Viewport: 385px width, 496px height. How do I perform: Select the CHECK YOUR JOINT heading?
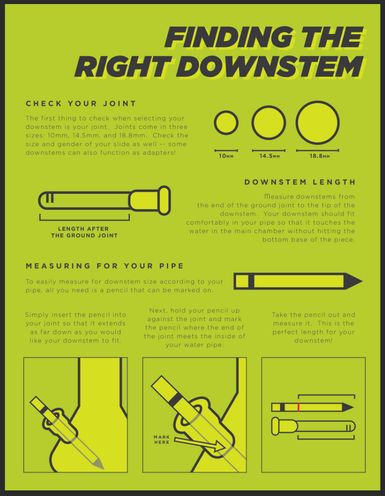(81, 104)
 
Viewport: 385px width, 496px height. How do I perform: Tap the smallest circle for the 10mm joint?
(226, 123)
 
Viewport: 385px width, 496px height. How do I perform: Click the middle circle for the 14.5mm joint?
(269, 123)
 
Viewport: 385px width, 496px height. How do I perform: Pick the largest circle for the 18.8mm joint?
(318, 123)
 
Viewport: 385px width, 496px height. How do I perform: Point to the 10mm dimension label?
(226, 156)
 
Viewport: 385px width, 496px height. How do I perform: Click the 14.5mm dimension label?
(270, 156)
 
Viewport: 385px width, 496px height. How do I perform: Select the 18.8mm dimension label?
(320, 156)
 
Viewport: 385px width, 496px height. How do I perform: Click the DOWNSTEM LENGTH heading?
(300, 182)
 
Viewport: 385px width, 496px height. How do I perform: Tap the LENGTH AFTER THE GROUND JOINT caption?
(84, 232)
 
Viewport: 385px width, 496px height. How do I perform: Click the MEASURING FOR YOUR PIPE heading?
(105, 265)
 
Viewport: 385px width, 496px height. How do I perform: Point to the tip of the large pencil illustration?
(362, 281)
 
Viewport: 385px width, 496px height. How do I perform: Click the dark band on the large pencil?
(251, 281)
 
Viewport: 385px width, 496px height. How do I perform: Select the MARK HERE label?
(162, 439)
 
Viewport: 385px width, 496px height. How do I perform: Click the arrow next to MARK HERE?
(200, 443)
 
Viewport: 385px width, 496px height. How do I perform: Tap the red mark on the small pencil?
(298, 407)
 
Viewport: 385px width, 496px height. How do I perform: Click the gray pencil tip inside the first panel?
(98, 464)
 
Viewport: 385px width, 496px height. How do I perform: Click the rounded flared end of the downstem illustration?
(164, 201)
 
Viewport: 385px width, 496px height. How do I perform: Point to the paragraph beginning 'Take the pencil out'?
(313, 328)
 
